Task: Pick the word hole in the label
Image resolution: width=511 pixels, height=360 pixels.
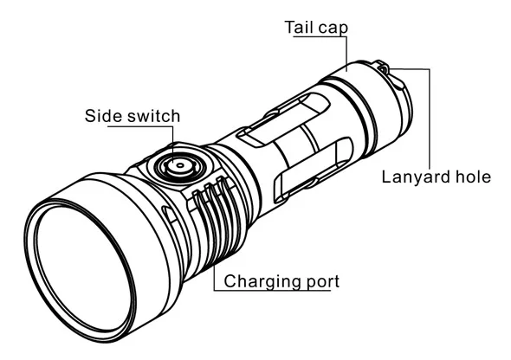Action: click(473, 177)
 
